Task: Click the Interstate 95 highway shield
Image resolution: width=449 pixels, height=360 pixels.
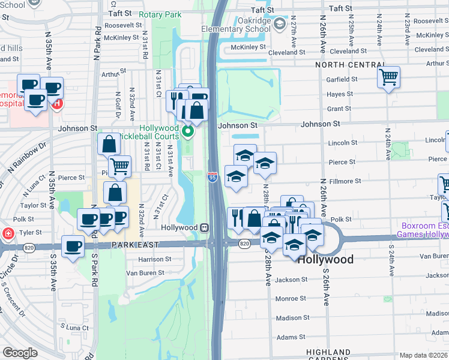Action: (x=212, y=177)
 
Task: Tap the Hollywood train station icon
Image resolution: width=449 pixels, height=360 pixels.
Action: (x=205, y=228)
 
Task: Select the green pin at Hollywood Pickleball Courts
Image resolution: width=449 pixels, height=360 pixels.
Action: (x=188, y=131)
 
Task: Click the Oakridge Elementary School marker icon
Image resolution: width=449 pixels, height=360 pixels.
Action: (x=279, y=24)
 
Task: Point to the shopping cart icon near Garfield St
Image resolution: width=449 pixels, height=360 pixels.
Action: (x=388, y=77)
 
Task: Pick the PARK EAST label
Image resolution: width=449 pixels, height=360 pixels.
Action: (x=135, y=245)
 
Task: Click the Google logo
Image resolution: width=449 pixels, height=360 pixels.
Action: (x=20, y=353)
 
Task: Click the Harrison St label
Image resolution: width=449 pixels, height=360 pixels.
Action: (x=155, y=260)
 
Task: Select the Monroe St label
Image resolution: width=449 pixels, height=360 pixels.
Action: (x=291, y=298)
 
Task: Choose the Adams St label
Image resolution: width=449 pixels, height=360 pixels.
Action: (x=291, y=337)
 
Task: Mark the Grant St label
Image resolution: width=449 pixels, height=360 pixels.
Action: (x=339, y=109)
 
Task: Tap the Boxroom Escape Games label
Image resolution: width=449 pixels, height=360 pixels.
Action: (x=424, y=230)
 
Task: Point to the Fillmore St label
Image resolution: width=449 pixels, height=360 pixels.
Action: (x=345, y=181)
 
